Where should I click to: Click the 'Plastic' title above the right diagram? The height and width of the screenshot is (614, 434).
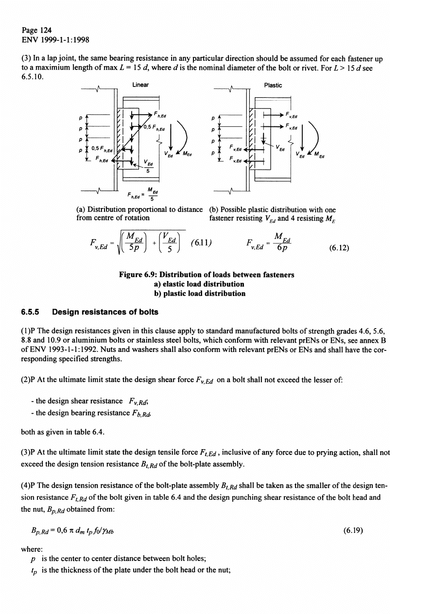point(273,85)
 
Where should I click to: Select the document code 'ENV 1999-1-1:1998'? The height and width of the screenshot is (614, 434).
point(54,39)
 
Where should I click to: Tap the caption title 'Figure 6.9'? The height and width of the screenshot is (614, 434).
point(139,275)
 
